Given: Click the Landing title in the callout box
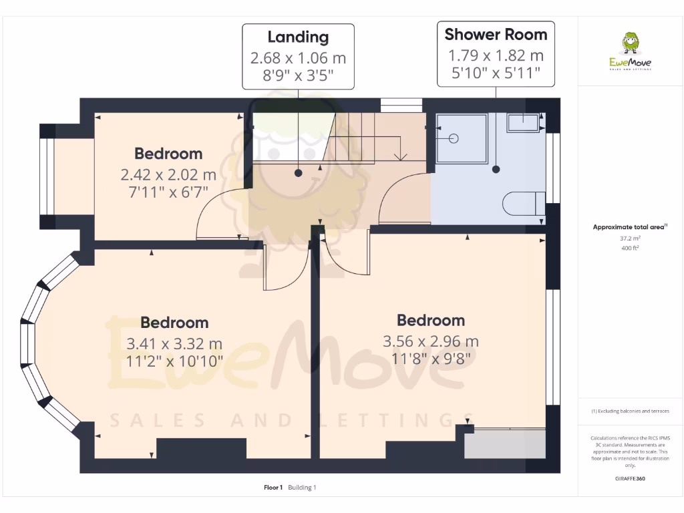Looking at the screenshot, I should pyautogui.click(x=298, y=37).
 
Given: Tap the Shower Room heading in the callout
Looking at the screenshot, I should pyautogui.click(x=496, y=34).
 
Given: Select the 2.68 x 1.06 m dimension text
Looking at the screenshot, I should pyautogui.click(x=298, y=58).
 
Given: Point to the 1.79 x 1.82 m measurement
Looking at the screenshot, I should pyautogui.click(x=496, y=55).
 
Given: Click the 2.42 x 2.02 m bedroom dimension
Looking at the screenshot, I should pyautogui.click(x=168, y=175).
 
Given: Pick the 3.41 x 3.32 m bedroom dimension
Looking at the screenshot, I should pyautogui.click(x=174, y=344).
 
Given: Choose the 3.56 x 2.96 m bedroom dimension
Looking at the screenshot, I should pyautogui.click(x=430, y=341).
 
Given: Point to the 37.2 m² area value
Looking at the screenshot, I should pyautogui.click(x=630, y=238).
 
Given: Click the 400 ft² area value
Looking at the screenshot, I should pyautogui.click(x=630, y=248).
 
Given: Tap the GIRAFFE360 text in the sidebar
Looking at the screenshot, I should pyautogui.click(x=630, y=478).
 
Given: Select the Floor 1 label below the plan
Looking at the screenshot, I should pyautogui.click(x=274, y=488).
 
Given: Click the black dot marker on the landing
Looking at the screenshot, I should pyautogui.click(x=298, y=173).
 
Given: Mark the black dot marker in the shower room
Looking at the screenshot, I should pyautogui.click(x=496, y=170).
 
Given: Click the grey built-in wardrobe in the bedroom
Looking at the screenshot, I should pyautogui.click(x=505, y=444).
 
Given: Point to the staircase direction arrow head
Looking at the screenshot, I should pyautogui.click(x=400, y=158).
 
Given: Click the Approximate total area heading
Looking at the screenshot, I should pyautogui.click(x=629, y=227).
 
